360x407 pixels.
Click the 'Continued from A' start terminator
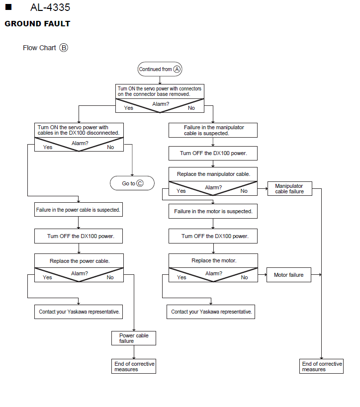click(160, 69)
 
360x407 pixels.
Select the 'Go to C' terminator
click(132, 183)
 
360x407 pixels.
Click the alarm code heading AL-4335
click(50, 7)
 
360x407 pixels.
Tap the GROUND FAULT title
click(37, 24)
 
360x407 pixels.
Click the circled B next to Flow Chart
click(64, 48)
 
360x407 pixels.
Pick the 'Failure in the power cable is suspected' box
click(79, 210)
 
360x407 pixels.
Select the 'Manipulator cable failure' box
click(290, 188)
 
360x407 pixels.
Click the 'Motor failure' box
click(289, 275)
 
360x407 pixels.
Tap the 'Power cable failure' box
click(134, 338)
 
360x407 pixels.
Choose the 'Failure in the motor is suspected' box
click(213, 211)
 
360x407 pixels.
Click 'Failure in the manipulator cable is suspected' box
click(213, 130)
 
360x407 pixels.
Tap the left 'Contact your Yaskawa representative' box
click(79, 312)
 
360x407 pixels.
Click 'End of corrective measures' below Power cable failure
click(134, 366)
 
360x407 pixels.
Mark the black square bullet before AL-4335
click(8, 7)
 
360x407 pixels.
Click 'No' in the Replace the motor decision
click(244, 277)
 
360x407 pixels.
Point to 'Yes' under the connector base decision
click(129, 108)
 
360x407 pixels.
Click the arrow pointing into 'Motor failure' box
click(263, 275)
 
